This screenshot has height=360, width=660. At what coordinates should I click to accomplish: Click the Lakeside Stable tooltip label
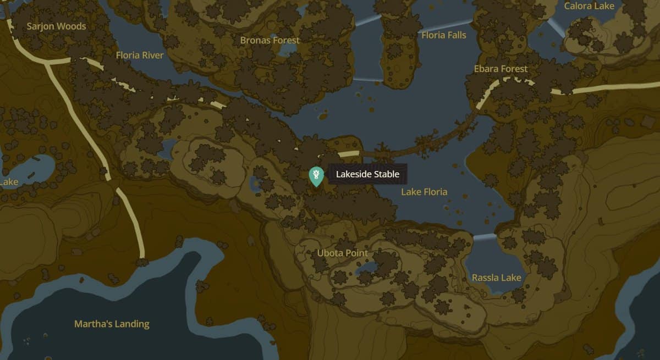click(x=367, y=175)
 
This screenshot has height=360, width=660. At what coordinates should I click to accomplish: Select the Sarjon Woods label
click(x=56, y=26)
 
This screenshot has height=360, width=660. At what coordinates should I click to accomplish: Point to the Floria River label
click(x=140, y=55)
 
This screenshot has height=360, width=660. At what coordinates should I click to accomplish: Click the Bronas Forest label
click(x=270, y=40)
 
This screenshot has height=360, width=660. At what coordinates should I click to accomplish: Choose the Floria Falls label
click(x=443, y=35)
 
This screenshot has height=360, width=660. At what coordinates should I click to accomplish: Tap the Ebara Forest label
click(x=501, y=69)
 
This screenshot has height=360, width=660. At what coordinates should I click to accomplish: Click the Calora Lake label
click(x=589, y=6)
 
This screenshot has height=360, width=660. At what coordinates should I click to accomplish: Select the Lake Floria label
click(x=424, y=192)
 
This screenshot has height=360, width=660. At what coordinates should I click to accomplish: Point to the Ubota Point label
click(x=343, y=253)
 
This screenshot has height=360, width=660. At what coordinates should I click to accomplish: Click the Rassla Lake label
click(x=496, y=278)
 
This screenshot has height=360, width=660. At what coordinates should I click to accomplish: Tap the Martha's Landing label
click(x=112, y=324)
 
